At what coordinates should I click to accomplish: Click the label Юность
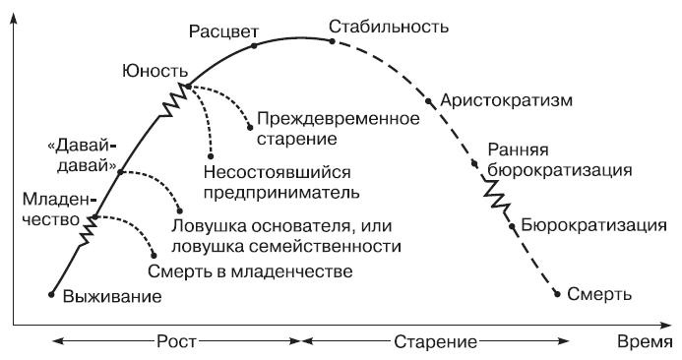(x=154, y=70)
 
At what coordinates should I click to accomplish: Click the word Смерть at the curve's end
(x=599, y=293)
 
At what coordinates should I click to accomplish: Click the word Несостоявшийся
(x=267, y=168)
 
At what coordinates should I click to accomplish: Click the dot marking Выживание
(x=51, y=293)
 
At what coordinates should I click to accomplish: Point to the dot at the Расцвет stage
(x=254, y=45)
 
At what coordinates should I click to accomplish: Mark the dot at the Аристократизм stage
(x=428, y=101)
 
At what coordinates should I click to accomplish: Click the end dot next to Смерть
(x=558, y=292)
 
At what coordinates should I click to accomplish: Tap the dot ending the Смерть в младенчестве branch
(x=153, y=255)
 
